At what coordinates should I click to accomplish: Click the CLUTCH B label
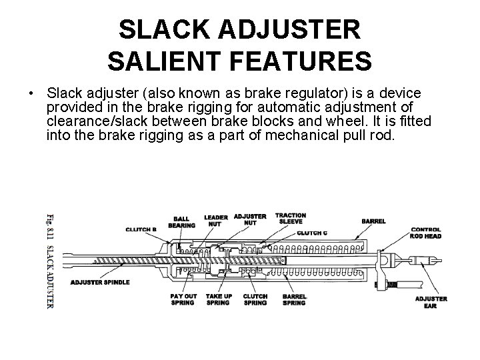pyautogui.click(x=141, y=229)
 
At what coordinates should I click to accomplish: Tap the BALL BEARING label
pyautogui.click(x=182, y=222)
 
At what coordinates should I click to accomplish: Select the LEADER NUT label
pyautogui.click(x=216, y=221)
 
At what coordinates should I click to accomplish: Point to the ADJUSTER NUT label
pyautogui.click(x=251, y=219)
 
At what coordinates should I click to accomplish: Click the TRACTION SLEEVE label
pyautogui.click(x=291, y=219)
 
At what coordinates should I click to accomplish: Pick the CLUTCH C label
pyautogui.click(x=312, y=233)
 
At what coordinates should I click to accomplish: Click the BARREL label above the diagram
pyautogui.click(x=373, y=221)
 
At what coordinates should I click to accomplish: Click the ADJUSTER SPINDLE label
pyautogui.click(x=100, y=282)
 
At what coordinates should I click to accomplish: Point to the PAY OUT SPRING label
pyautogui.click(x=183, y=299)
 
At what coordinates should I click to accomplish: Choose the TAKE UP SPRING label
pyautogui.click(x=218, y=299)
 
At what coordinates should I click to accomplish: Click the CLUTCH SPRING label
pyautogui.click(x=255, y=299)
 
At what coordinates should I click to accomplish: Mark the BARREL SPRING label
pyautogui.click(x=294, y=299)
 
